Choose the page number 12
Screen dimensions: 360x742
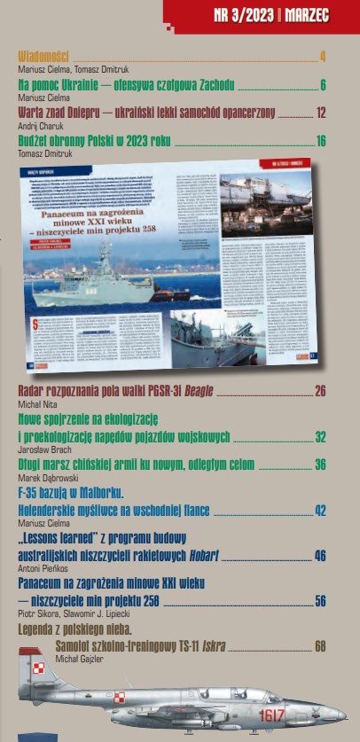coord(321,113)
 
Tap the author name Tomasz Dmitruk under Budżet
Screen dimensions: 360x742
coord(45,153)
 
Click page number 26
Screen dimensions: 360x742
coord(320,391)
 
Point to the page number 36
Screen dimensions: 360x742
coord(320,465)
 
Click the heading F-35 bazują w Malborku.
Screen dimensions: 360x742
coord(70,491)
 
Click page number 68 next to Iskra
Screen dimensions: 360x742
coord(320,646)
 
